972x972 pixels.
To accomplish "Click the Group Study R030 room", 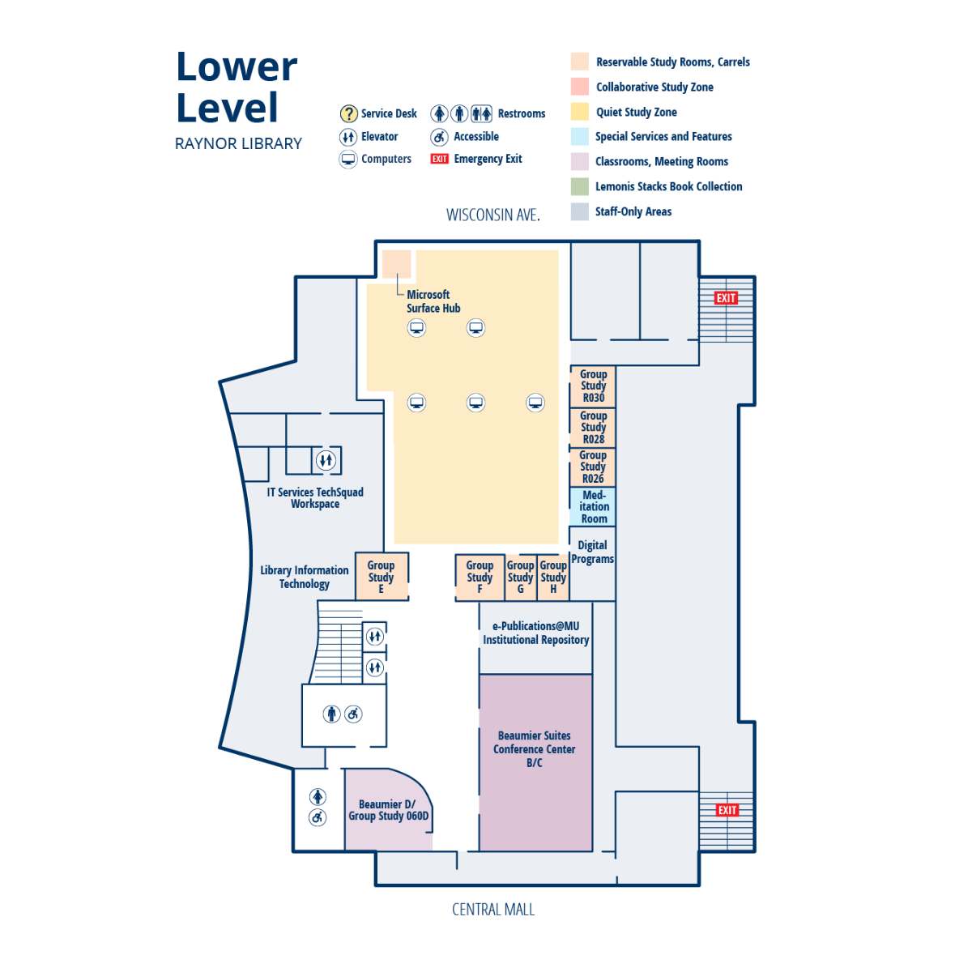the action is pos(592,386).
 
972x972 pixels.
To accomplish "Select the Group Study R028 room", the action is pos(592,428).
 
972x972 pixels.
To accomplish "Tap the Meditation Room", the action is pos(592,506).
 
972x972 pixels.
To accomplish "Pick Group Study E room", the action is pos(382,577).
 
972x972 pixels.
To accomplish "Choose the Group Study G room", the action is pos(521,578).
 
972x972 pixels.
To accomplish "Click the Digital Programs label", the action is pos(592,552).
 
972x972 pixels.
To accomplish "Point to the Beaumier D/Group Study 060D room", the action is pos(388,809).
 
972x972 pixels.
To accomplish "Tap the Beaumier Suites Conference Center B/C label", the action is pos(534,748).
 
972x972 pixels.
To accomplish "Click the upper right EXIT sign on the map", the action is pos(726,298).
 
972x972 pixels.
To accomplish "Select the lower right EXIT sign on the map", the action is pos(727,810).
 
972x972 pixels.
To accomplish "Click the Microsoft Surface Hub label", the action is pos(433,301).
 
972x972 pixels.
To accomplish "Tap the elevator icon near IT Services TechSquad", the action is pos(326,460).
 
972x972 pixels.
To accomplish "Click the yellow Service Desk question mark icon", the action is pos(348,113).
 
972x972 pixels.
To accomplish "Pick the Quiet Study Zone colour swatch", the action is pos(580,112).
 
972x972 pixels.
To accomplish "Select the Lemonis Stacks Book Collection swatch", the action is pos(580,186).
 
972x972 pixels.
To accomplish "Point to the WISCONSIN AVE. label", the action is pos(492,215).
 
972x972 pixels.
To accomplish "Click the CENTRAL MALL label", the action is pos(492,909).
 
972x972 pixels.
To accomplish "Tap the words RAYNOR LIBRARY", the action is pos(238,143).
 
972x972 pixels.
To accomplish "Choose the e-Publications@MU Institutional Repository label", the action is pos(535,633).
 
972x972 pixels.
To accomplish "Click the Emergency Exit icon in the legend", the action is pos(439,159).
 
